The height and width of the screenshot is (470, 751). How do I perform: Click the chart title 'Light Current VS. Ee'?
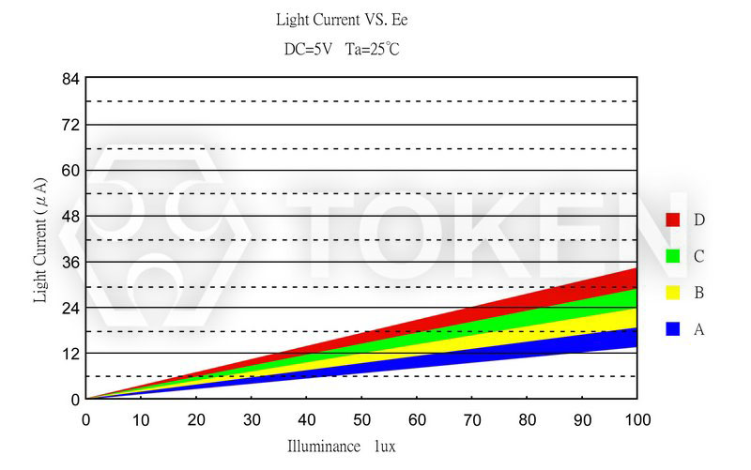[342, 20]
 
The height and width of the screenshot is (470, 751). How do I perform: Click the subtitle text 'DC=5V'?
[308, 49]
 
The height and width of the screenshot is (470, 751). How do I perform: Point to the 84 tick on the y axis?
[69, 79]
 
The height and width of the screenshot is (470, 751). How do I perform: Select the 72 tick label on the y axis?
[69, 125]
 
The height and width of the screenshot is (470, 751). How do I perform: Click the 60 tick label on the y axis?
[69, 171]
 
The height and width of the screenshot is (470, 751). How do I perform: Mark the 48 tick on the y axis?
[69, 217]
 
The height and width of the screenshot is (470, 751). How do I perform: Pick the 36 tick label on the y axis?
[69, 262]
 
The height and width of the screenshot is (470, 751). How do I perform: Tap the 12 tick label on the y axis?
[69, 354]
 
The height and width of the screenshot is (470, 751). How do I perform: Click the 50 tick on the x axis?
[361, 418]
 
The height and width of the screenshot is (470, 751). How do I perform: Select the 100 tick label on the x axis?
[636, 418]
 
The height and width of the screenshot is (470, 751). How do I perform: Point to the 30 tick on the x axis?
[252, 418]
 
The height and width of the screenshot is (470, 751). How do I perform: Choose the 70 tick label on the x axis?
[472, 418]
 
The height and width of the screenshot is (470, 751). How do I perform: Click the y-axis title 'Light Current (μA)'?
[40, 239]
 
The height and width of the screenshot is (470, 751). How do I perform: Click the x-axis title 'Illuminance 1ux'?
[342, 447]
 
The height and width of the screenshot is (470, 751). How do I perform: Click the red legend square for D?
[672, 220]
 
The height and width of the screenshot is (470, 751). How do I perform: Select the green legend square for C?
[672, 256]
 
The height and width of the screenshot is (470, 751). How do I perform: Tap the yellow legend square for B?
[672, 293]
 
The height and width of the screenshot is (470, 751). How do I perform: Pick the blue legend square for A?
[672, 329]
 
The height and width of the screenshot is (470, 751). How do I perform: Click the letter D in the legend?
[699, 220]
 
